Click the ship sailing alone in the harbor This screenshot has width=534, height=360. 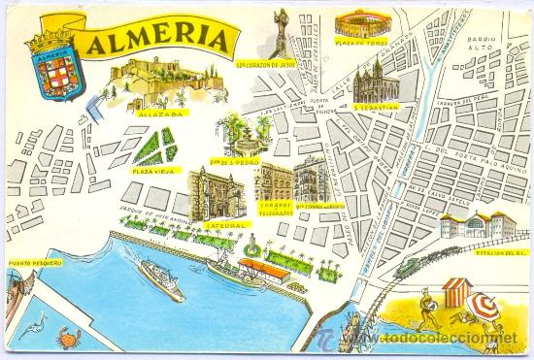160,278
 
